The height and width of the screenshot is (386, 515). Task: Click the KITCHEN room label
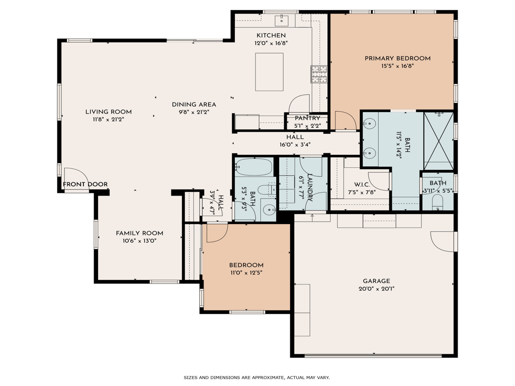coord(271,35)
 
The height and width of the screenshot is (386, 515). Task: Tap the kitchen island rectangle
coord(270,71)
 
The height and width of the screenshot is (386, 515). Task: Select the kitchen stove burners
coord(319,74)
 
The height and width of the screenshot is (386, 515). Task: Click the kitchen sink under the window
coord(281,21)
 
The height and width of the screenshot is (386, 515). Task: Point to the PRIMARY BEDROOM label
coord(397,58)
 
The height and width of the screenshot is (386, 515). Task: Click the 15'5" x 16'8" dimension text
coord(397,66)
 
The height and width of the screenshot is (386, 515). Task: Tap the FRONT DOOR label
coord(85,184)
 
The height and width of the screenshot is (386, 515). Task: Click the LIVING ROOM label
coord(108,112)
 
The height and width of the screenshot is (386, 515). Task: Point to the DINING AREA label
coord(194,105)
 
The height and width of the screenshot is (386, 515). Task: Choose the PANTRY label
coord(307,118)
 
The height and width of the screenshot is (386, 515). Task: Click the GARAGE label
coord(376,281)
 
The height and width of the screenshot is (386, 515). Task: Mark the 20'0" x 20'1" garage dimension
coord(376,289)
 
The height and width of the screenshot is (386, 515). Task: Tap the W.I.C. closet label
coord(362,184)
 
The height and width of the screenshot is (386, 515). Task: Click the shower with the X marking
coord(439,141)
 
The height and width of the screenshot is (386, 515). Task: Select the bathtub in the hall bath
coord(254,166)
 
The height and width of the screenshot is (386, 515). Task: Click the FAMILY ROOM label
coord(139,233)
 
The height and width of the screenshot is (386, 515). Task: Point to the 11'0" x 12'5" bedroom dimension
coord(246,273)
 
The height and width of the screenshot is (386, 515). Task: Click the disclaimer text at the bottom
coord(256,377)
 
